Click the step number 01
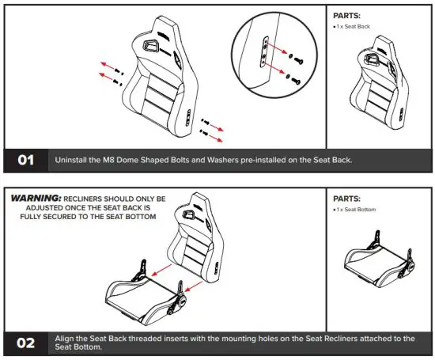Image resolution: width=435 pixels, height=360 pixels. (26, 160)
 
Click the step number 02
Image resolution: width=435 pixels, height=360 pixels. (26, 342)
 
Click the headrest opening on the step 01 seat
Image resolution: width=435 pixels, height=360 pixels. (149, 47)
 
